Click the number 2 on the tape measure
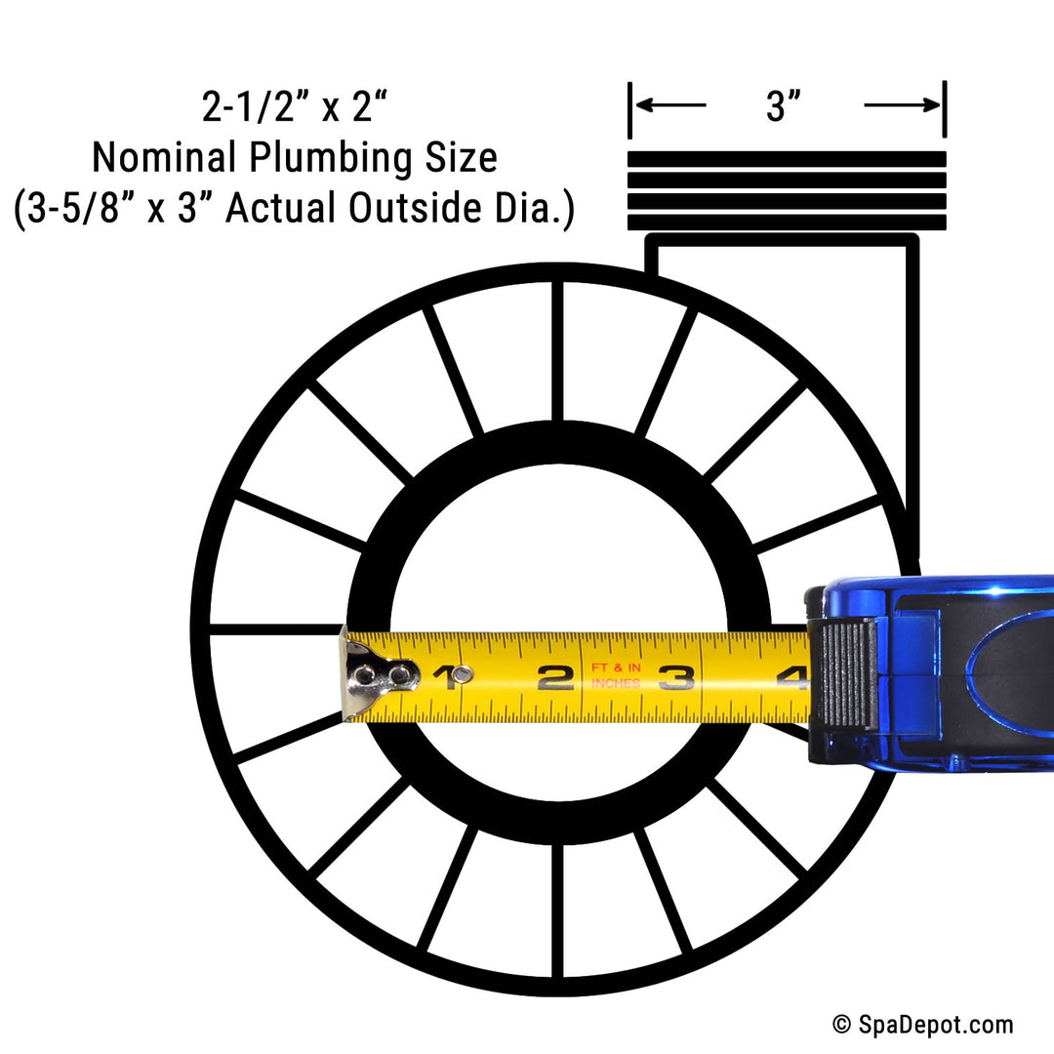click(555, 677)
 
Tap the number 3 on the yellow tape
click(675, 677)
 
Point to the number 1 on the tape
click(446, 677)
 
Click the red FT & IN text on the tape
click(616, 668)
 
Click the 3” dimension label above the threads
click(783, 106)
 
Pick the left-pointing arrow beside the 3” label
click(670, 104)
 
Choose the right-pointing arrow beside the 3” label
click(902, 104)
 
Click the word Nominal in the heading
click(162, 157)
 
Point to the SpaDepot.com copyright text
click(923, 1025)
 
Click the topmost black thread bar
click(787, 159)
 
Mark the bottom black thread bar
click(787, 223)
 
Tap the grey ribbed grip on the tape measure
click(849, 674)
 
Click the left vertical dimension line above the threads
click(629, 110)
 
